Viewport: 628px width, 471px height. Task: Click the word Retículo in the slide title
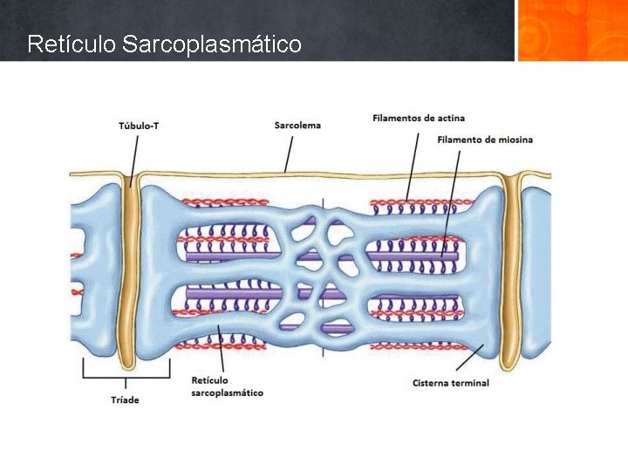point(72,44)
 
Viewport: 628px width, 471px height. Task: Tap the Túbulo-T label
point(139,126)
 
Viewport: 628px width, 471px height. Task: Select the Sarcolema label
point(297,125)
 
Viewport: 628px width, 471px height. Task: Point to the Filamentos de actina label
point(419,118)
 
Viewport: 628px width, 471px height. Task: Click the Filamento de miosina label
point(485,140)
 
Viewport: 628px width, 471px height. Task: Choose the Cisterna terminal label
point(451,383)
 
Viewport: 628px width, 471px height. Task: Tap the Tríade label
point(125,399)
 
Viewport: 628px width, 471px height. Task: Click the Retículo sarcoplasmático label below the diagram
point(226,386)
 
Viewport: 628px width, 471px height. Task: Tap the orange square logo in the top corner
point(571,31)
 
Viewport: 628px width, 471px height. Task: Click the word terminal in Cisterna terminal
point(471,383)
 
